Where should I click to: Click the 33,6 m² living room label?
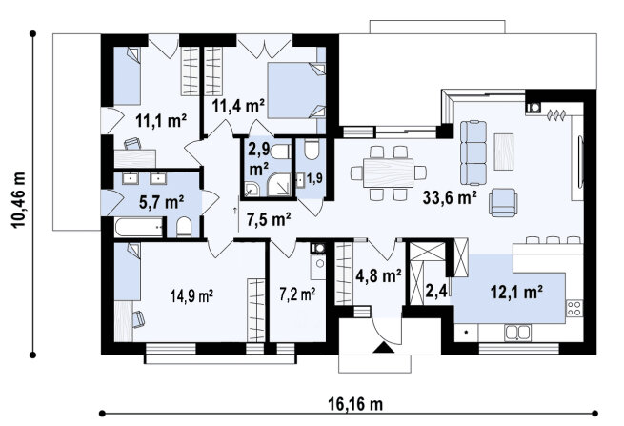450,196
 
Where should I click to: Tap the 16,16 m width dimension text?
355,404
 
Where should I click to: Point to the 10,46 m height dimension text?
19,200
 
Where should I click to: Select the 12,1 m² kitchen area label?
516,292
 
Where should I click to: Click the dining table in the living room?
388,172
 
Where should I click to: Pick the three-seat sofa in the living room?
473,153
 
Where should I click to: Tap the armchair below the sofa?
503,202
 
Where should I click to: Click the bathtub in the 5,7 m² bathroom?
139,227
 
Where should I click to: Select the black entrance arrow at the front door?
384,347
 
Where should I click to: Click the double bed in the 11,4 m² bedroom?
296,91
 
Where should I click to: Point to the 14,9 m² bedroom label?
191,295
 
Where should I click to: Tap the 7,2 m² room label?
297,294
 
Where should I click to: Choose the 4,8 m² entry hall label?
378,275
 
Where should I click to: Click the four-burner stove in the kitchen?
574,308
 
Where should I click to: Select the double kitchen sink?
517,333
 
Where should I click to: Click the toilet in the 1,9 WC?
312,150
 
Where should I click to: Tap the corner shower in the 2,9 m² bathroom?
279,184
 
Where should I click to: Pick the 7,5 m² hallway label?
269,219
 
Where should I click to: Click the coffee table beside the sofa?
503,152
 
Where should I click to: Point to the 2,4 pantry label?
436,291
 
